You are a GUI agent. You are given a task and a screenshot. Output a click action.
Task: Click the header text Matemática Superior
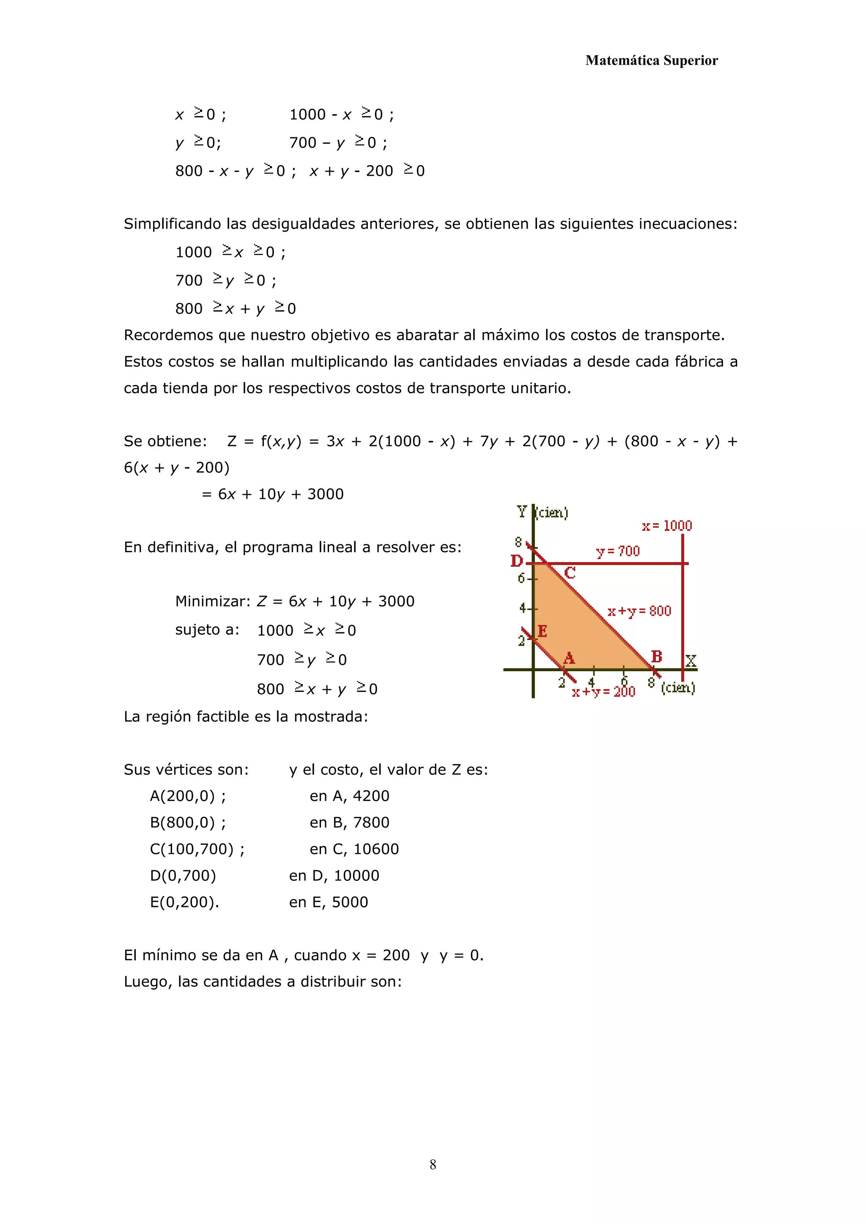click(651, 60)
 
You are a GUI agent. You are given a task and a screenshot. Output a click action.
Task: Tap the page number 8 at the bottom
click(433, 1164)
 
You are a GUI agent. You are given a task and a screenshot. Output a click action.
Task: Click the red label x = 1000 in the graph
click(666, 526)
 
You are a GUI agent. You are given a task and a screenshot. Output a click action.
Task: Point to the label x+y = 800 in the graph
click(639, 611)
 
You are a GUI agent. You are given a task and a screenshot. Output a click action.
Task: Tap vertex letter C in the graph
click(570, 573)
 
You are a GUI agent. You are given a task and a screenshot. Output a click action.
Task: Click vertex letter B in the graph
click(656, 656)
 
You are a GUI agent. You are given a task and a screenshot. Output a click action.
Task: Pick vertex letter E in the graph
click(543, 631)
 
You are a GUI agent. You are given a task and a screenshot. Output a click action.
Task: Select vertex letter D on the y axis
click(516, 561)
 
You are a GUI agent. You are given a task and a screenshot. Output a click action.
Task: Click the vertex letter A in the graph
click(569, 658)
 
